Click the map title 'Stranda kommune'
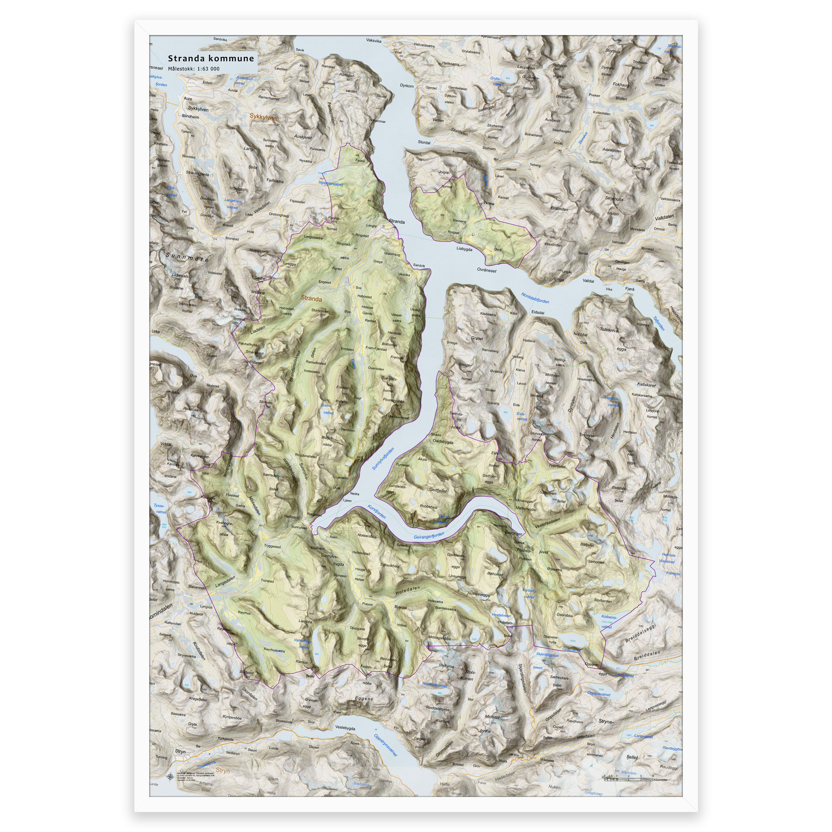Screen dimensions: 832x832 click(x=210, y=58)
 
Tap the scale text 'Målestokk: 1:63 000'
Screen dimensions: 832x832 click(x=193, y=69)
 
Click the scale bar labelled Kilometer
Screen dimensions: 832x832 click(x=628, y=780)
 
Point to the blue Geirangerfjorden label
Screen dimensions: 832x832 click(x=429, y=536)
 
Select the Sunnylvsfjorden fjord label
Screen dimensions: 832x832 click(x=383, y=459)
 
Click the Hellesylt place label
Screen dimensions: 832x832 click(x=292, y=517)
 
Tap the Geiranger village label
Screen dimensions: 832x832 click(x=513, y=533)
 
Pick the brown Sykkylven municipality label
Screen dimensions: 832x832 click(x=263, y=117)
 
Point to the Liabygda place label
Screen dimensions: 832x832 click(x=464, y=249)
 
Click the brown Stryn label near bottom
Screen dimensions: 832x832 click(x=223, y=771)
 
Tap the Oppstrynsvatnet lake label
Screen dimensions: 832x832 click(x=386, y=745)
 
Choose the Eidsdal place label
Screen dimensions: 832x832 click(x=538, y=313)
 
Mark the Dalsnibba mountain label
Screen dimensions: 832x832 click(x=564, y=615)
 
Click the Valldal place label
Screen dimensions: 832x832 click(x=588, y=281)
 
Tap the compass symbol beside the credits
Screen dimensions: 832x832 click(x=169, y=776)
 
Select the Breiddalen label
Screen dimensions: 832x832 click(x=647, y=655)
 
